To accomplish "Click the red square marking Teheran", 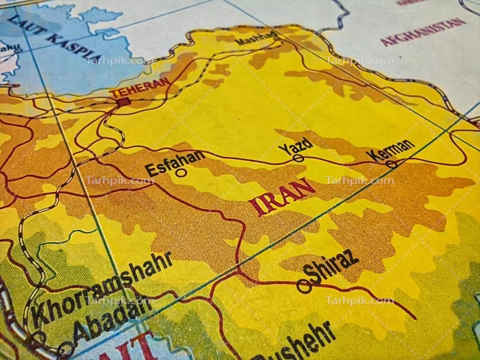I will [x=123, y=102].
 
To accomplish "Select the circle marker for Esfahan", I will [x=181, y=172].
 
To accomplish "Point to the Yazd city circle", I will [x=298, y=158].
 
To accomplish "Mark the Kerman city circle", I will [x=392, y=164].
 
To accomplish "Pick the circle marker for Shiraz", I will [x=303, y=287].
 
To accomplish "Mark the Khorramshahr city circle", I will [x=38, y=336].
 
